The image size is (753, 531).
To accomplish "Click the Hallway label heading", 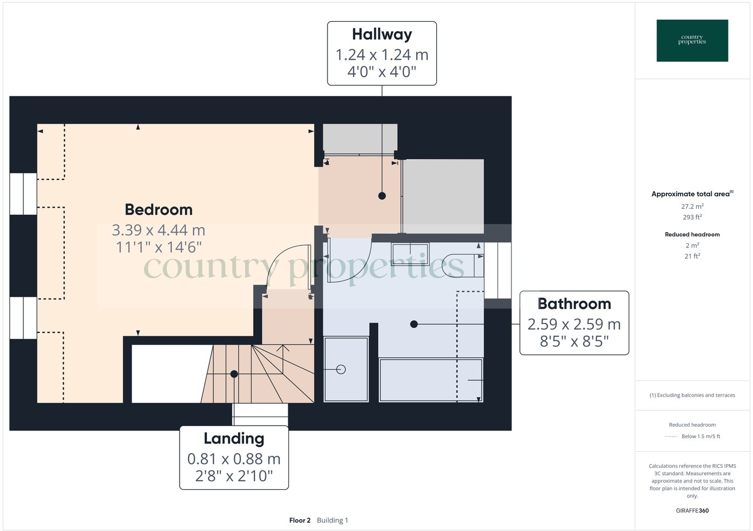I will point(382,35).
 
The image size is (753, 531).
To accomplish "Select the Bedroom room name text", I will point(158,210).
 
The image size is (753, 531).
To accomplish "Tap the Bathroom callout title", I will point(574,304).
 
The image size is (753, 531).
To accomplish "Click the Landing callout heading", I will point(234,439).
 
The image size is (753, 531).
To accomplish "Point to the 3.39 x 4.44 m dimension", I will point(158,230).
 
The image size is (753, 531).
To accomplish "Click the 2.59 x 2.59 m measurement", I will point(574,324).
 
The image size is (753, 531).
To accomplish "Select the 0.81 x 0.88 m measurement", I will point(234,459).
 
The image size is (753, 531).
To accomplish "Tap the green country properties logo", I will point(692,40).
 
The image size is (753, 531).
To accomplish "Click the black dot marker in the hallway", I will point(382,196).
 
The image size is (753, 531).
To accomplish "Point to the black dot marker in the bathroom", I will point(414,324).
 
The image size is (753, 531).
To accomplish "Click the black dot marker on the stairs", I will point(234,374).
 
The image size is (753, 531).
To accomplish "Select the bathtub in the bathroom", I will point(430,380).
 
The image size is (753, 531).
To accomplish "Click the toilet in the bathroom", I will point(463,265).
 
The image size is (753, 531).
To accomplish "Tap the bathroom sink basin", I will point(410,254).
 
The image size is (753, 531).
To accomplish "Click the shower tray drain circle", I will point(341,369).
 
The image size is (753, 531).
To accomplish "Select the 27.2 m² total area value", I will point(692,206).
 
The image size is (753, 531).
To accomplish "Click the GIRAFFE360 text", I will point(692,510).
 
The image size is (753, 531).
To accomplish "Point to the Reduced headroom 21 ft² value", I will point(692,257).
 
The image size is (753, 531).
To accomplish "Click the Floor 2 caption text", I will point(300,520).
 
